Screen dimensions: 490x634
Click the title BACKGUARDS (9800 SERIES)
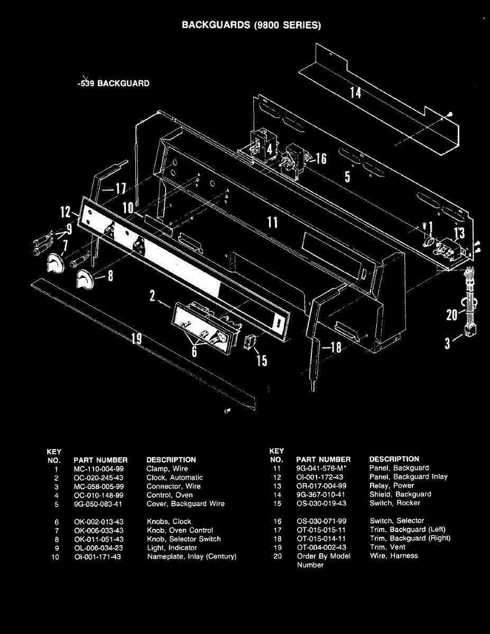[x=251, y=25]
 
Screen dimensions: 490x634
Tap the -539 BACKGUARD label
[x=113, y=83]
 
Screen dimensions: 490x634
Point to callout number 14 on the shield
[x=356, y=92]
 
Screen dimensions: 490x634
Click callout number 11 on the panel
[x=272, y=222]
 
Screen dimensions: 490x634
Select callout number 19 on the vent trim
[x=136, y=338]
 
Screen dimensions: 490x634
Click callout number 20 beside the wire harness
[x=451, y=315]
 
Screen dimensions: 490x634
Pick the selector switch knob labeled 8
[x=84, y=278]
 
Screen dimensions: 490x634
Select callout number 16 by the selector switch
[x=321, y=158]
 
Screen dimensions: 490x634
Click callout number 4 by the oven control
[x=269, y=150]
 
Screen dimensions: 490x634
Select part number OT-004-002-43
[x=322, y=547]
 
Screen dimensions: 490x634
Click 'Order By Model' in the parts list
[x=323, y=556]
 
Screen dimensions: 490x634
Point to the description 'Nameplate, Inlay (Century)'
[x=191, y=557]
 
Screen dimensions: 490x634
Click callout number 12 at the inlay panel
[x=66, y=212]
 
